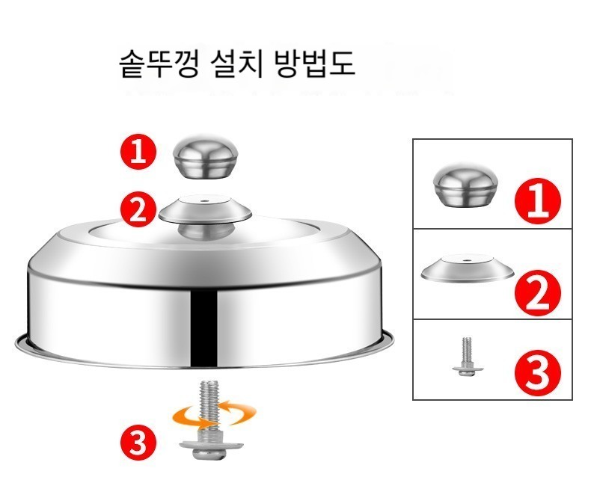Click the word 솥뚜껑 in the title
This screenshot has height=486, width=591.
coord(159,64)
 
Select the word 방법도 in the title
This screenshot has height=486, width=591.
coord(315,64)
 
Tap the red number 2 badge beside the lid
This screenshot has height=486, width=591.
coord(138,209)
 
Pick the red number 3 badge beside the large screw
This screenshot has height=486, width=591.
coord(138,442)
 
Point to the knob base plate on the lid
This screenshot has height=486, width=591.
coord(205,209)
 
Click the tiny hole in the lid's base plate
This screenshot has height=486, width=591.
coord(204,200)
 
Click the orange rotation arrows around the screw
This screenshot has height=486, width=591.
coord(214,416)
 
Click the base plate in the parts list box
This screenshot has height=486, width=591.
coord(468,268)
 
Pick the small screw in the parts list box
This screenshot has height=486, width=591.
coord(468,356)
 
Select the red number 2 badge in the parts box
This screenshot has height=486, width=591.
coord(538,292)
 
